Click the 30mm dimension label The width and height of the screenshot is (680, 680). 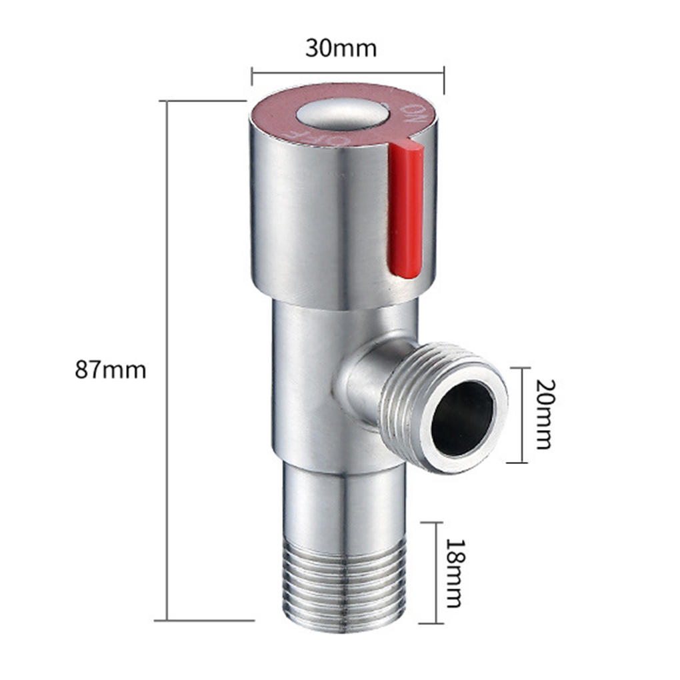[x=341, y=49]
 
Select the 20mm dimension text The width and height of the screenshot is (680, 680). [x=543, y=414]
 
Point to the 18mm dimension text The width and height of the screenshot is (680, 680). [x=453, y=571]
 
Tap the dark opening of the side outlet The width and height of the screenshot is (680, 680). [x=463, y=419]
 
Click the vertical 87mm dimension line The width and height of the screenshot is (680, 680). [x=167, y=467]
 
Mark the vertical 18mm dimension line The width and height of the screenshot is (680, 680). [x=437, y=571]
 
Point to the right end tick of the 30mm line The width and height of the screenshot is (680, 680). [x=443, y=74]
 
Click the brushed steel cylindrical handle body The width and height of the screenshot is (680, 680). [x=313, y=220]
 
